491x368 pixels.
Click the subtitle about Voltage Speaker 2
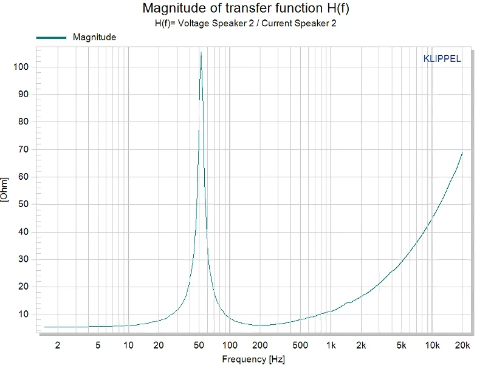245,24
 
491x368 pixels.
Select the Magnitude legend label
94,37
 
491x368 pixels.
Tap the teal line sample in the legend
51,38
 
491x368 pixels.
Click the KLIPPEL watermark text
441,59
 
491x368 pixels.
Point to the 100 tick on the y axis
21,67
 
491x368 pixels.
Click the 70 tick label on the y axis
24,149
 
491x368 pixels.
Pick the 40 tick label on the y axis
24,232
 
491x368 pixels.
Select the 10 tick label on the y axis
24,315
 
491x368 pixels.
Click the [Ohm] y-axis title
5,190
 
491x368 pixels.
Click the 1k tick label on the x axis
331,346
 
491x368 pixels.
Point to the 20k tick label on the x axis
462,346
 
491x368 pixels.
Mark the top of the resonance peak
201,52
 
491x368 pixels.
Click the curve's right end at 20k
462,152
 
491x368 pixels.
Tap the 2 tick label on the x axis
58,346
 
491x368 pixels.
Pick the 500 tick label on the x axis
300,346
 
